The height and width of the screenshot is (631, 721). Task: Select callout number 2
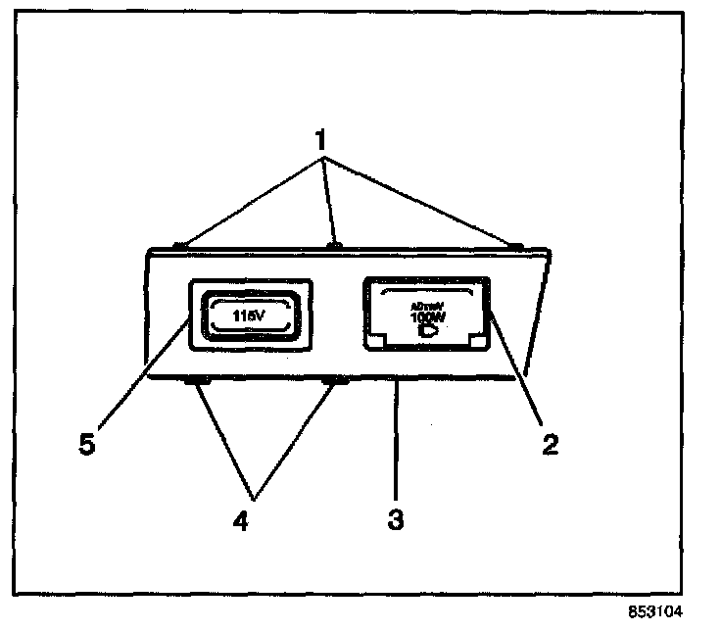[x=552, y=443]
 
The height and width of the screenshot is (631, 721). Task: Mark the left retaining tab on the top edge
[x=180, y=246]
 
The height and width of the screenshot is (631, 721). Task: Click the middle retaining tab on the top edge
[x=334, y=244]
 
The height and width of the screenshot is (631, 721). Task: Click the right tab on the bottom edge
[x=335, y=380]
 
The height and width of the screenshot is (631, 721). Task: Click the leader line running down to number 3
[x=395, y=441]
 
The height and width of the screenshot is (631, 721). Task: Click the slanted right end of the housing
[x=537, y=314]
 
